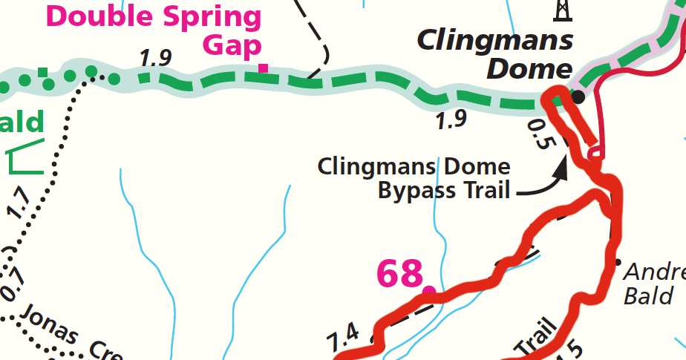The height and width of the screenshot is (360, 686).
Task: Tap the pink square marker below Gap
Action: [263, 68]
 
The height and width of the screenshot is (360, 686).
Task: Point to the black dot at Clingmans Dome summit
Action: [578, 96]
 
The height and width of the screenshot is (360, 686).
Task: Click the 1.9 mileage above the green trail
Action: [154, 59]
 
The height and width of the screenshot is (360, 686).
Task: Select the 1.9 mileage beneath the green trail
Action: [451, 120]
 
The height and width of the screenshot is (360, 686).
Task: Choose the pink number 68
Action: [399, 274]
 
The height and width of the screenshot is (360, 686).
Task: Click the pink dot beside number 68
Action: [428, 290]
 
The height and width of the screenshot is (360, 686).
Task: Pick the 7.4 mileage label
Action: [343, 338]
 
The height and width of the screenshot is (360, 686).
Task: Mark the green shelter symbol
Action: [27, 156]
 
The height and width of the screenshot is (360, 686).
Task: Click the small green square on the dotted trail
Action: [43, 72]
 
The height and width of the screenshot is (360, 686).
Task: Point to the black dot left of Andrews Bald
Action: [617, 261]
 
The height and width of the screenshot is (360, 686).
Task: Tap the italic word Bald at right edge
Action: [648, 296]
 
